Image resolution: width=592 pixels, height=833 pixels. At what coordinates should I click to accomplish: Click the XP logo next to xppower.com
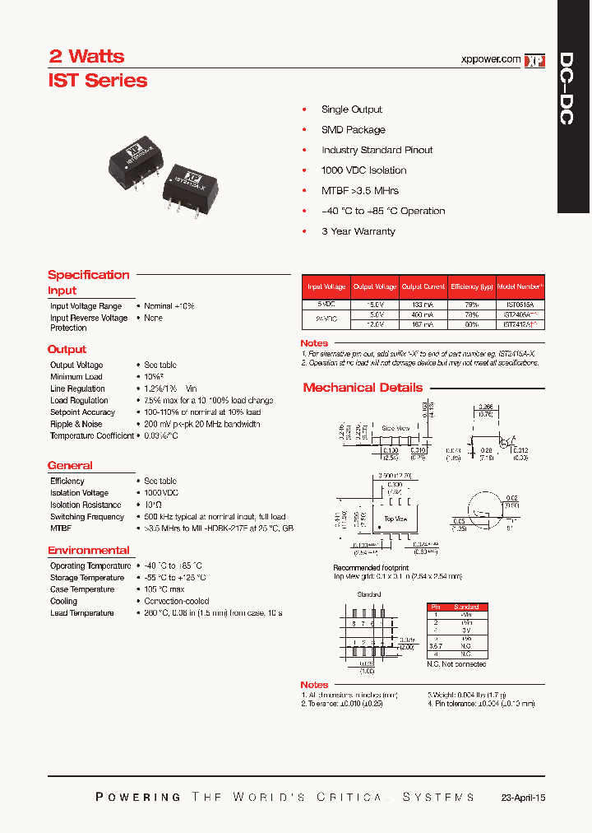535,60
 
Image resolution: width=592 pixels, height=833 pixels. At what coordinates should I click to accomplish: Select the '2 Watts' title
86,56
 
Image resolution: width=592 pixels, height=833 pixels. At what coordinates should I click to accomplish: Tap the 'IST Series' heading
98,81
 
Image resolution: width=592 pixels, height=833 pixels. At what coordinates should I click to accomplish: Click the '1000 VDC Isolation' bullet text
363,170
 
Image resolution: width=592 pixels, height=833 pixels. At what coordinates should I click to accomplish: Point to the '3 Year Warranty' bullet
358,231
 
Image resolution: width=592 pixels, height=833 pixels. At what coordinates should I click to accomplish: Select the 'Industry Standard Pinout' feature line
377,150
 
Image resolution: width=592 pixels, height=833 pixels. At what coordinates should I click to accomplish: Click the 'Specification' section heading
88,275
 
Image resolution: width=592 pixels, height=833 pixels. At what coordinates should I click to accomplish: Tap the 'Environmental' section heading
88,550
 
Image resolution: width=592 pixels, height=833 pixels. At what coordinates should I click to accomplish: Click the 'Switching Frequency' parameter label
87,517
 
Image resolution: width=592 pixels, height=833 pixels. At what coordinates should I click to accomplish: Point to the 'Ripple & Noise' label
76,424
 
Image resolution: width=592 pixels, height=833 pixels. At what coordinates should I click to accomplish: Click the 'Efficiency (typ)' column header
472,286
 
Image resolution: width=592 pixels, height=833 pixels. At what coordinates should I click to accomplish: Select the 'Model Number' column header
520,286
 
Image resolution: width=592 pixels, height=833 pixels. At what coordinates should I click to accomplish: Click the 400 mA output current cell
423,314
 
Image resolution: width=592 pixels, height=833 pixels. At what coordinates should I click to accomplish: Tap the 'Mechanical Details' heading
363,388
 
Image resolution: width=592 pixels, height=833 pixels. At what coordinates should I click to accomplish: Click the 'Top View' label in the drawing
395,519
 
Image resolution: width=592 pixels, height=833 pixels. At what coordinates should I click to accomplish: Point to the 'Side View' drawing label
395,429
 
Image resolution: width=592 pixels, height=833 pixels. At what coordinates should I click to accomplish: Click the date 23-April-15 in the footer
522,798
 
